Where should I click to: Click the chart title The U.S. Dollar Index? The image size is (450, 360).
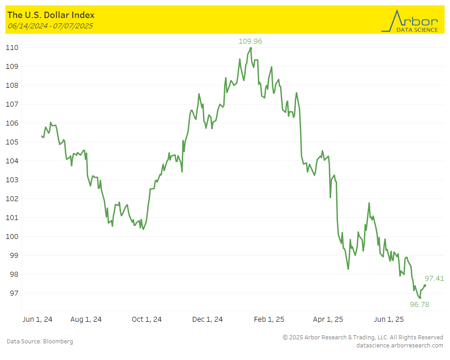(x=51, y=15)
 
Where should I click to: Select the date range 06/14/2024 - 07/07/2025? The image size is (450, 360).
(x=50, y=26)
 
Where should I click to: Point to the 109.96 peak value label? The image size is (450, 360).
(x=250, y=41)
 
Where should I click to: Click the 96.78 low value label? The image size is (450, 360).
(x=419, y=305)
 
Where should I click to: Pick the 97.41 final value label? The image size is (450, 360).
(x=434, y=279)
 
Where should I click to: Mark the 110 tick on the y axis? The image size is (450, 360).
(x=12, y=48)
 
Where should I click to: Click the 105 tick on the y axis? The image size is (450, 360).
(x=12, y=142)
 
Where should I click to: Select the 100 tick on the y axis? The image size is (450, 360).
(x=12, y=237)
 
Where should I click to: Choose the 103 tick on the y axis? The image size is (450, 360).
(x=12, y=180)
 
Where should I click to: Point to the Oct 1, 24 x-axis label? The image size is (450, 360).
(x=147, y=319)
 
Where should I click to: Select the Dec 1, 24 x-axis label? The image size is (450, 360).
(x=207, y=319)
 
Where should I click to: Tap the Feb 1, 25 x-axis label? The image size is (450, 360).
(x=269, y=319)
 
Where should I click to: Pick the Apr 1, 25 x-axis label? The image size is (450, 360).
(x=328, y=319)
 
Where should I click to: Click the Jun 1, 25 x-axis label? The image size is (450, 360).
(x=389, y=319)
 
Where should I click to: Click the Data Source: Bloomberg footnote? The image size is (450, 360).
(x=40, y=342)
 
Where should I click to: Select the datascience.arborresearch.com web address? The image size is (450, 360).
(x=400, y=346)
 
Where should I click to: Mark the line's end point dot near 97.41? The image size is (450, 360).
(x=425, y=285)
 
